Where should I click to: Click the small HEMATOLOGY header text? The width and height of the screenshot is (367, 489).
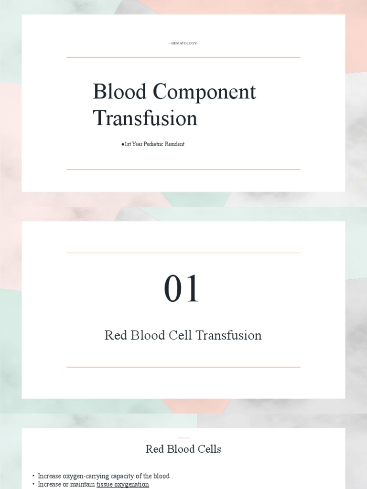click(x=183, y=43)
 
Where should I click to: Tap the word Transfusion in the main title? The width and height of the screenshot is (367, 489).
click(x=145, y=118)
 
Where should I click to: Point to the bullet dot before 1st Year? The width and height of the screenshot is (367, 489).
click(x=123, y=144)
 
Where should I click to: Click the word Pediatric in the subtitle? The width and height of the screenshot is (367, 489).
click(x=152, y=144)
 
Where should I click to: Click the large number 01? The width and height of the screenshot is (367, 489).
click(x=182, y=289)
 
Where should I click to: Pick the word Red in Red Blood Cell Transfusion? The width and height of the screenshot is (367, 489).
click(x=115, y=335)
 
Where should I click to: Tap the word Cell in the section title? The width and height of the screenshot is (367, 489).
click(x=181, y=335)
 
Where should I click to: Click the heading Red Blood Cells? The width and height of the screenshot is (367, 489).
click(x=183, y=449)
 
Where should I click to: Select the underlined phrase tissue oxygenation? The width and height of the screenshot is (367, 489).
click(x=123, y=484)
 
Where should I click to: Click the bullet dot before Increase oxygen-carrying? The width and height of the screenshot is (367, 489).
click(x=33, y=476)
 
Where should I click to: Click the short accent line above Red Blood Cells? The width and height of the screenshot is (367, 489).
click(x=183, y=437)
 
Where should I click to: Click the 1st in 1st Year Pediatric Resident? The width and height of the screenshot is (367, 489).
click(x=128, y=144)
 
